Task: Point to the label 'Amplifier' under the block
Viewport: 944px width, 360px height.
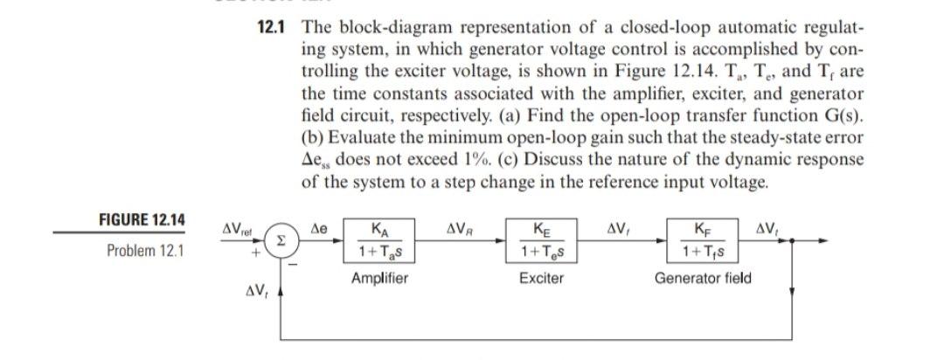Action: (x=379, y=279)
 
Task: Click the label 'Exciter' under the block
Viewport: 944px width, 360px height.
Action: (x=541, y=279)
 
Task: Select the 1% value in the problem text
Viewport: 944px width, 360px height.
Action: (x=568, y=162)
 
